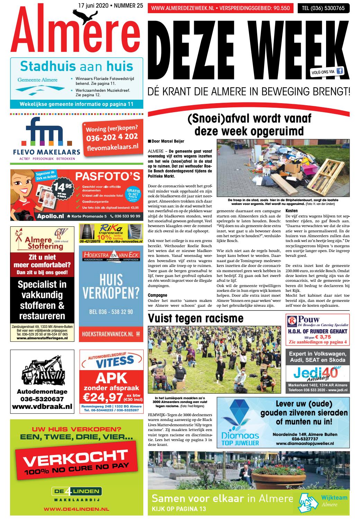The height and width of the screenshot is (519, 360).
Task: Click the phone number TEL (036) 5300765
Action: click(323, 8)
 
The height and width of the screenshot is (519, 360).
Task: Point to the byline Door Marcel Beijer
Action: click(166, 141)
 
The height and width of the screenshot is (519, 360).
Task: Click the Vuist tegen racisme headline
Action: click(196, 318)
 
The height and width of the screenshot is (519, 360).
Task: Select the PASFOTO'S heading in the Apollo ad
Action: click(108, 176)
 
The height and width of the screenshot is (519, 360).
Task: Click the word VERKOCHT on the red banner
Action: click(75, 459)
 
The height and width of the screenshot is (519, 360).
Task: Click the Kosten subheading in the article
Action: click(291, 211)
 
